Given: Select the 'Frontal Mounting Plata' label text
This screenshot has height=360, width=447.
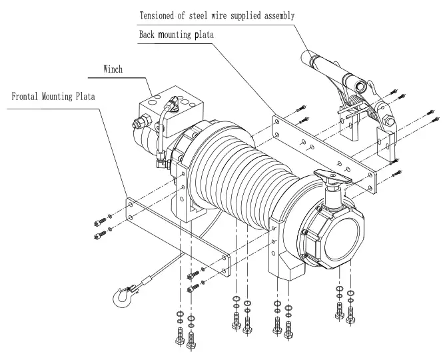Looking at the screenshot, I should click(54, 96).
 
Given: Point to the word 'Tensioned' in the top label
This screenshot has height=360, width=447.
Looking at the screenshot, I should click(159, 14).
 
